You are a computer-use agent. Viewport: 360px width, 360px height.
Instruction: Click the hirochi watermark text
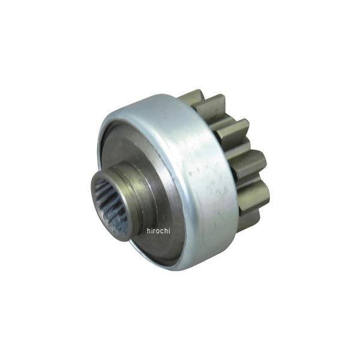pos(158,230)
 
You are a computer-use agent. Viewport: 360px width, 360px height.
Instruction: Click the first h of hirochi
pos(149,230)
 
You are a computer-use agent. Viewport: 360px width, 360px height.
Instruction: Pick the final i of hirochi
pos(169,230)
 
